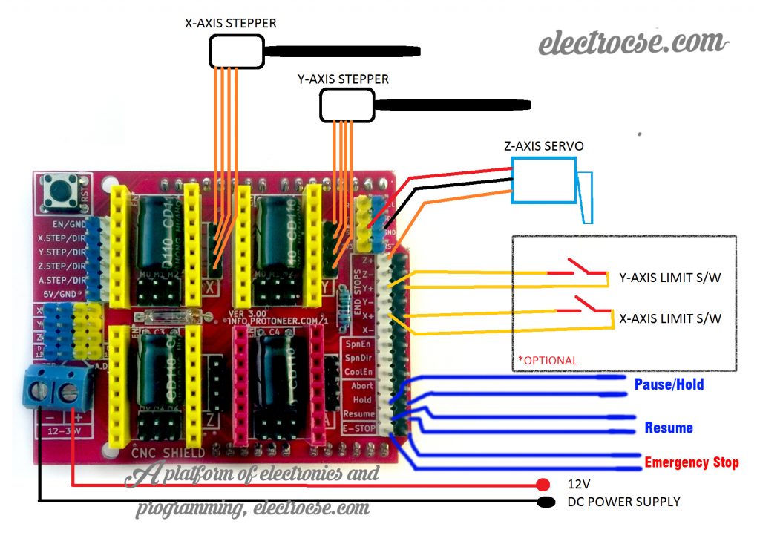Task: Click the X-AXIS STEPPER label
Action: [230, 23]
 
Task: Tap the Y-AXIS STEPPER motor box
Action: [347, 105]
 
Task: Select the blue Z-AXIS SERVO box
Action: [543, 180]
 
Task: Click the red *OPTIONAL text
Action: [547, 361]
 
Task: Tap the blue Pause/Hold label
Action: [669, 384]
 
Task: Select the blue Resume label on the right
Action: [669, 428]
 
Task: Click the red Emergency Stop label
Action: [691, 462]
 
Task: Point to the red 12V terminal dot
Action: [543, 485]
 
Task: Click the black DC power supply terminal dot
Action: [546, 502]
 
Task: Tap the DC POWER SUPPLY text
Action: [623, 502]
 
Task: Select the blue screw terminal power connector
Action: [59, 387]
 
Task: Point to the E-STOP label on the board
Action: [358, 428]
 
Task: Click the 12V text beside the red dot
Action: [578, 483]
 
